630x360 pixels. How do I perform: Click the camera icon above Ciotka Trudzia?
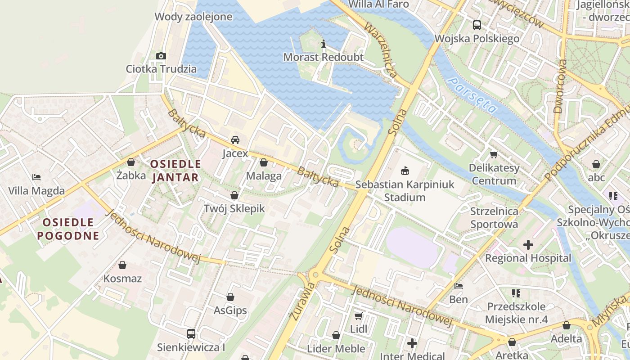161,56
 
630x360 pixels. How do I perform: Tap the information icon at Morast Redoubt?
323,44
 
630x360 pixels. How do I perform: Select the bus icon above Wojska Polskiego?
477,25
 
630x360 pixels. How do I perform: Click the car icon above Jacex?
235,140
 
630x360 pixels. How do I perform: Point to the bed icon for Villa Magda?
36,177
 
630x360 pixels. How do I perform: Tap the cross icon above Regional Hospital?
528,245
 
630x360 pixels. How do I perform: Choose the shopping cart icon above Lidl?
359,316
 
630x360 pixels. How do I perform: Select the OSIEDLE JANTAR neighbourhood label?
175,171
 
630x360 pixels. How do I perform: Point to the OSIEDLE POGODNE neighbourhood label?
68,229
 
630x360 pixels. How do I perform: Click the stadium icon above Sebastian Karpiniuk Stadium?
405,171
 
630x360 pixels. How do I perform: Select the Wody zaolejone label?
193,17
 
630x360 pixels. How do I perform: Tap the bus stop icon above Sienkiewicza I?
191,334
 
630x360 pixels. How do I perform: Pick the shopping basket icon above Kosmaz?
122,265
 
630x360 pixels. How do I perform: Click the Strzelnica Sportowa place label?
494,217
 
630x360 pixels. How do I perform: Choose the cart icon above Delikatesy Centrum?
494,155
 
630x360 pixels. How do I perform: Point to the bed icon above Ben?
459,286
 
